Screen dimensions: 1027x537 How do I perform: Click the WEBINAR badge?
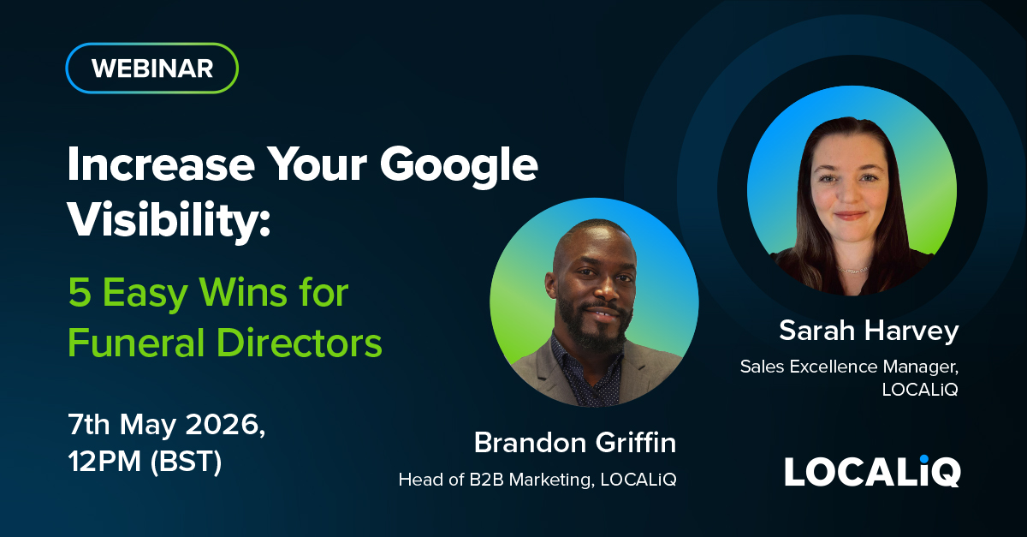[151, 69]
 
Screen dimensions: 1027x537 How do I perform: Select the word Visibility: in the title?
[169, 221]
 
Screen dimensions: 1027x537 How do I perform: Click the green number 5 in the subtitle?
[80, 292]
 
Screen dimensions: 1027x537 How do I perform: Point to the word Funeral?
[136, 343]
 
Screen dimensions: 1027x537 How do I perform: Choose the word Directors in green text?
[300, 343]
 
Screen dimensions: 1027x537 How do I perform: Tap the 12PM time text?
[104, 461]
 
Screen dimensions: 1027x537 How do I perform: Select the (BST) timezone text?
[187, 462]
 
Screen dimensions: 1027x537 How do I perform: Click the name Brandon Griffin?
[575, 443]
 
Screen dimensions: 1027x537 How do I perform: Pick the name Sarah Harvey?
[869, 331]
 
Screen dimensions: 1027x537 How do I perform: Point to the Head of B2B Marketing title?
[496, 480]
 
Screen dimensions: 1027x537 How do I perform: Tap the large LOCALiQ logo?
[872, 471]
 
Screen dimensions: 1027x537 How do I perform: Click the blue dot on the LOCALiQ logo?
[923, 459]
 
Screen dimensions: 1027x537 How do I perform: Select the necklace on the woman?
[852, 270]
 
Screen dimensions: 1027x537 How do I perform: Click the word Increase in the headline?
[161, 164]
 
